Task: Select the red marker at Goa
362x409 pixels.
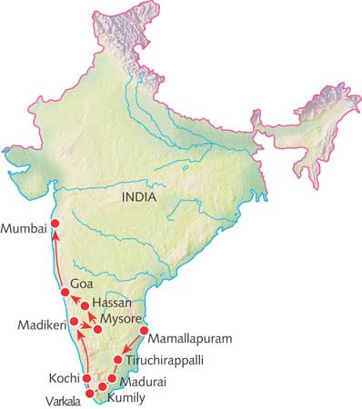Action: tap(65, 292)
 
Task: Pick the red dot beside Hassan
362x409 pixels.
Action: tap(84, 306)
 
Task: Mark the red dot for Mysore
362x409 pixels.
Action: tap(97, 327)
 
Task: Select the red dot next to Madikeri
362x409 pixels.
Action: tap(74, 322)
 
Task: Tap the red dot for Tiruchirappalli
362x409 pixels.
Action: tap(118, 360)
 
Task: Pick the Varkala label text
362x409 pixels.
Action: tap(60, 398)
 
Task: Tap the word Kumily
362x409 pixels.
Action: tap(126, 397)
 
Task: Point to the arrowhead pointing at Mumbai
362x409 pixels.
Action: tap(54, 236)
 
